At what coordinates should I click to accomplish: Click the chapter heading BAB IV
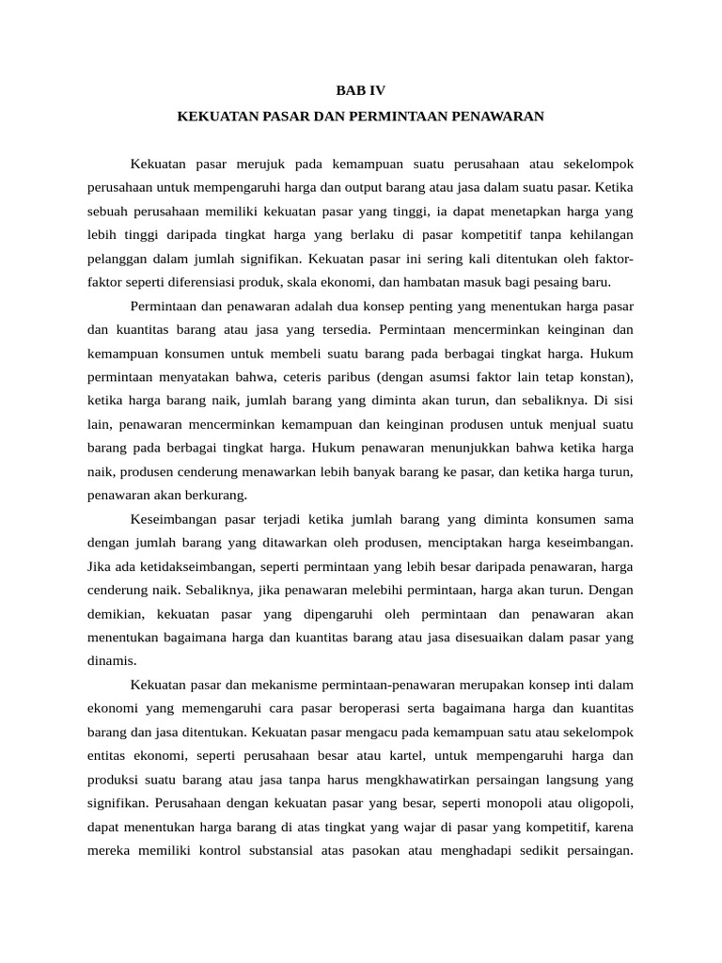(x=361, y=91)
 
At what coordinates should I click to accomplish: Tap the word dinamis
(x=111, y=660)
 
